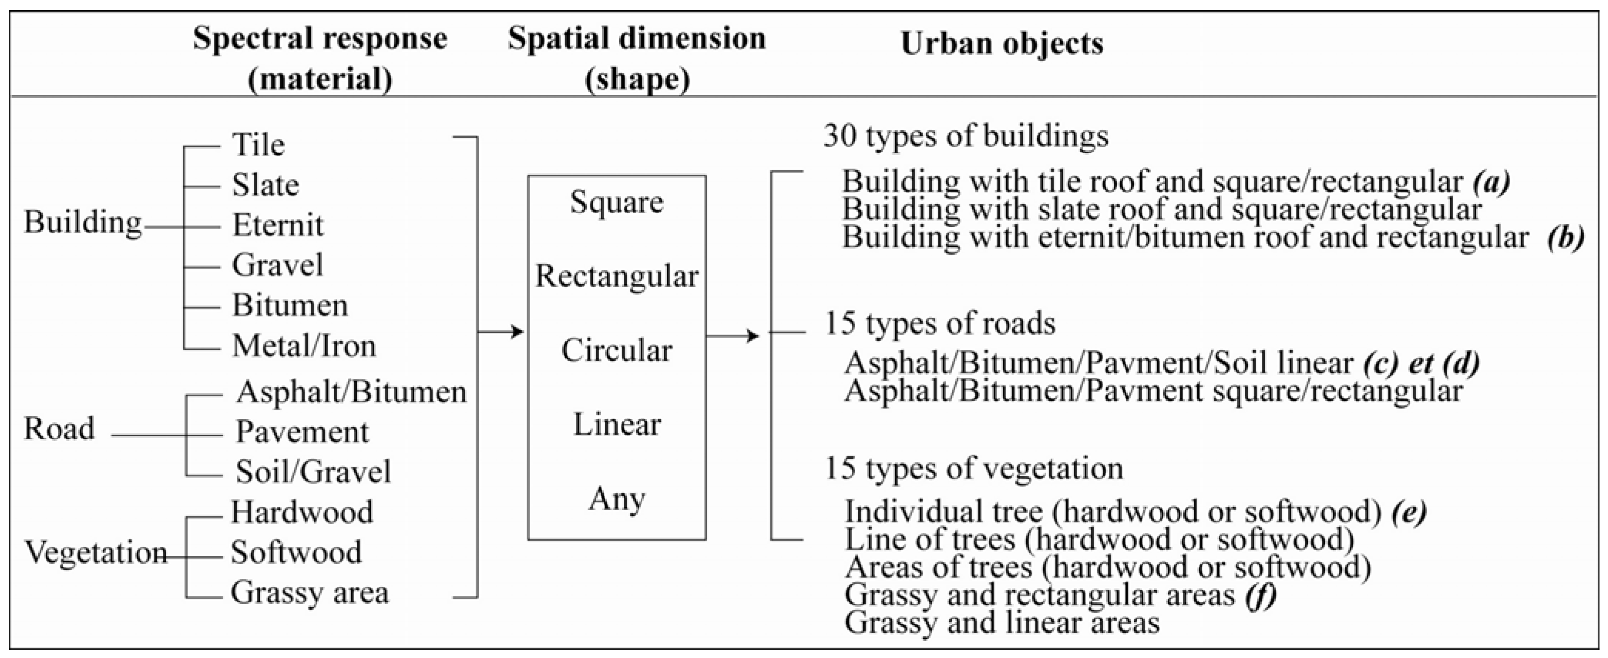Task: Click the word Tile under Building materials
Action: (258, 145)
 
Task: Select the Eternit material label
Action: (278, 225)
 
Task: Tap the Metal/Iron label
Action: (304, 345)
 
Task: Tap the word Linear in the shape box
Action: (617, 425)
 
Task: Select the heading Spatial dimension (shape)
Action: (637, 59)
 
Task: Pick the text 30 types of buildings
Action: (966, 136)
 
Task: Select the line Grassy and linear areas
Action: (1002, 623)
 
